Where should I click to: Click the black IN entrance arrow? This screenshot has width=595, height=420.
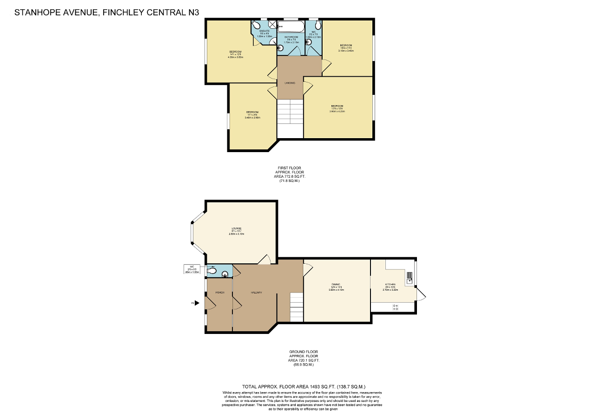[197, 303]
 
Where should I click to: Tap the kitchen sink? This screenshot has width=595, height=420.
[409, 278]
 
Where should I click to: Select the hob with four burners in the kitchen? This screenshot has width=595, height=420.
[396, 307]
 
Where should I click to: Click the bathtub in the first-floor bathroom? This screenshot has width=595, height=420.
[291, 27]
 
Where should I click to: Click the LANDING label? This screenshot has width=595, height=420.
[290, 83]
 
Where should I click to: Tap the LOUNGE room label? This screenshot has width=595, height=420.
[237, 228]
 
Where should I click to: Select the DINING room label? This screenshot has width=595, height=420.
[336, 284]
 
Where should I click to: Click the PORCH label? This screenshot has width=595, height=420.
[220, 292]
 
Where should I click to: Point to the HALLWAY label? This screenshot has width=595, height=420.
[257, 292]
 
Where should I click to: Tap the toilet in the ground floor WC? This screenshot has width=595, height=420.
[212, 269]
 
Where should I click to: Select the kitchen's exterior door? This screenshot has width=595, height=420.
[421, 294]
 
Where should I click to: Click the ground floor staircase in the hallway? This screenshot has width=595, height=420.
[296, 307]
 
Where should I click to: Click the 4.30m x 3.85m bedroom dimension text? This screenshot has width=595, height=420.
[236, 57]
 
